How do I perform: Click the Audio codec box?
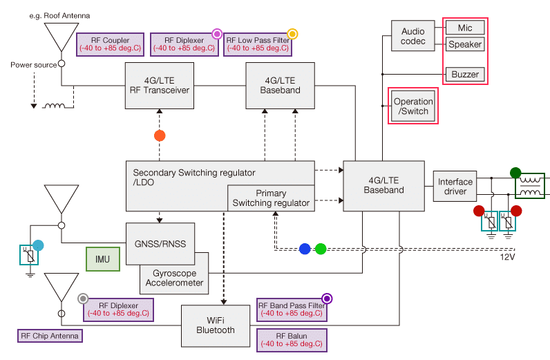413,35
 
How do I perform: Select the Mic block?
464,28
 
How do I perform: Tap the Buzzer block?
464,75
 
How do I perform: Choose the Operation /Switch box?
413,106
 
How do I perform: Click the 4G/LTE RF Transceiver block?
158,86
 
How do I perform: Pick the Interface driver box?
455,187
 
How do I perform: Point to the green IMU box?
102,258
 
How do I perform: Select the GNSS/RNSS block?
160,243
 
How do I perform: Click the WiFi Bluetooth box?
216,325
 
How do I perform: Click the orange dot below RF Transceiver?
159,135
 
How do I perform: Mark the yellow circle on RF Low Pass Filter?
292,33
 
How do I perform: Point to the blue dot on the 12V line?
305,249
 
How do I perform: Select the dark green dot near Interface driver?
515,173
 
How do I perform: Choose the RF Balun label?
291,339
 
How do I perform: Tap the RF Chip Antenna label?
50,336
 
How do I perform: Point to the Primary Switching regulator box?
271,198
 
